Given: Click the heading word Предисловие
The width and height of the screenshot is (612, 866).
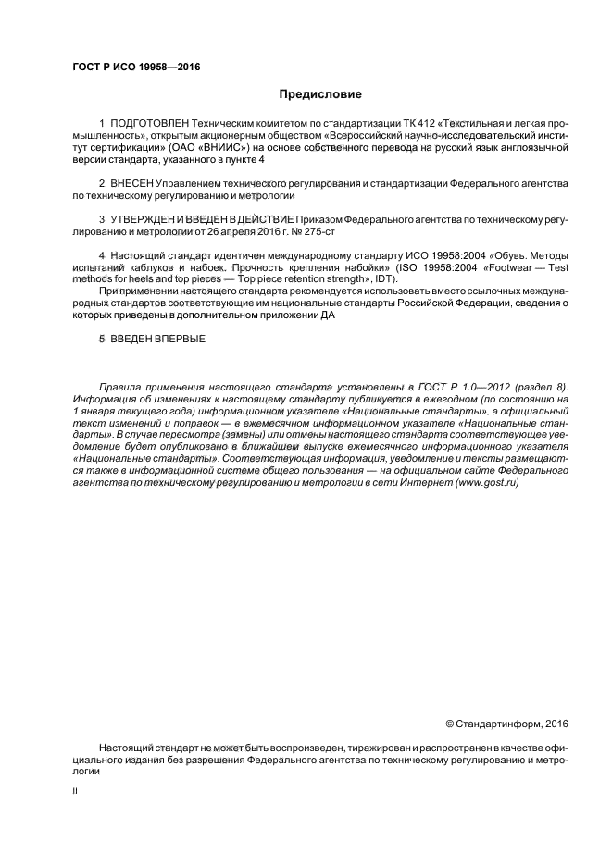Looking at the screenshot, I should [320, 94].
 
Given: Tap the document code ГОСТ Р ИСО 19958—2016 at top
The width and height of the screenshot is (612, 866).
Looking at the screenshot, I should [135, 66].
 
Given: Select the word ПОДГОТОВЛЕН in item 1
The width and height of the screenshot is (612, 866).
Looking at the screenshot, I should [149, 123].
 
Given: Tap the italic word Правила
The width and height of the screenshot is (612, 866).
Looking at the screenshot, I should [119, 385].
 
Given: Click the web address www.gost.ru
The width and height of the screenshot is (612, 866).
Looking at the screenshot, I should [486, 482].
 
